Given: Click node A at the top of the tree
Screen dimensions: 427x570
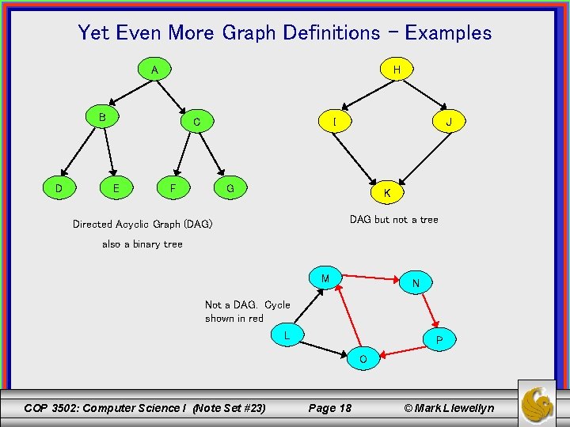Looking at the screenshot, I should point(154,70).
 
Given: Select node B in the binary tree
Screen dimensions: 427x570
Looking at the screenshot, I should point(102,117).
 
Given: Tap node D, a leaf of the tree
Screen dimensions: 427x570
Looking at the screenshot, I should point(59,188).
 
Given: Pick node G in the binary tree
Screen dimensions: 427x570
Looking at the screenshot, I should point(230,188).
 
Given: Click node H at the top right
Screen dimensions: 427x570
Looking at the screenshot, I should point(396,70).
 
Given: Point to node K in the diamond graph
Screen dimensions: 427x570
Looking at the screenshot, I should point(386,192).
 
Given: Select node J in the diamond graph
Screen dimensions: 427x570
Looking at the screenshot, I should point(448,122).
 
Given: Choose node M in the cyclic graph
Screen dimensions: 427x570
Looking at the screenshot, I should point(325,278).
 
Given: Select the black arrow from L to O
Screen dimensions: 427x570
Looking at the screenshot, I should point(322,346).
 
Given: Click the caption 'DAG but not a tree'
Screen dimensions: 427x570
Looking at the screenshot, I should point(393,219).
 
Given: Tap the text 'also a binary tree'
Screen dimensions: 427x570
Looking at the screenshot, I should point(142,244).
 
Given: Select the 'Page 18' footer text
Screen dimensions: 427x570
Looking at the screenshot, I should point(329,408).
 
